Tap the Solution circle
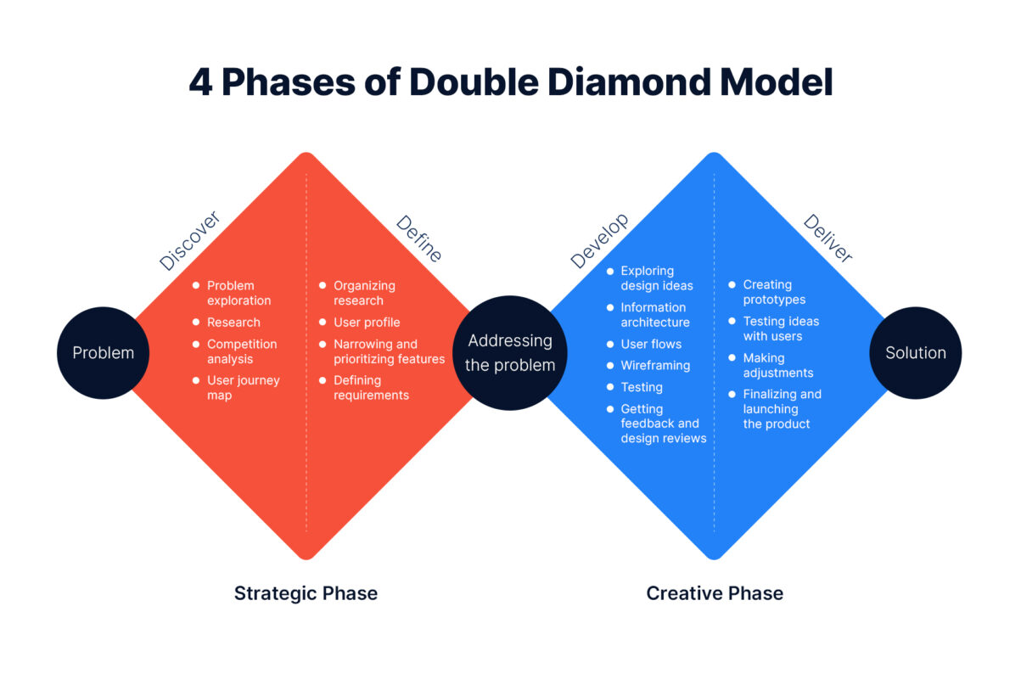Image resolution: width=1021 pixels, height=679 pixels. pyautogui.click(x=915, y=353)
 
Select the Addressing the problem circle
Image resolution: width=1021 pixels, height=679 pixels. pyautogui.click(x=510, y=353)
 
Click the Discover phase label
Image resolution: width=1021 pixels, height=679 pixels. pyautogui.click(x=190, y=241)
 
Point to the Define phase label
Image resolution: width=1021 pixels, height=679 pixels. pyautogui.click(x=419, y=238)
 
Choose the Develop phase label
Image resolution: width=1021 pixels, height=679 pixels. pyautogui.click(x=600, y=241)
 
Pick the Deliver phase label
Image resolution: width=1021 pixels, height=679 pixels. pyautogui.click(x=827, y=238)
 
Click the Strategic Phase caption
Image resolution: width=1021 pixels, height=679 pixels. pyautogui.click(x=306, y=593)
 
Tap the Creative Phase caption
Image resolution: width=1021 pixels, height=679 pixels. pyautogui.click(x=715, y=593)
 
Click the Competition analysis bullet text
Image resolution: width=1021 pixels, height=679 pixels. pyautogui.click(x=242, y=351)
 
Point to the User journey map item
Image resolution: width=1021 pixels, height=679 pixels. pyautogui.click(x=243, y=388)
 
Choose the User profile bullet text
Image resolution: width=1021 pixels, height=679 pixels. pyautogui.click(x=367, y=323)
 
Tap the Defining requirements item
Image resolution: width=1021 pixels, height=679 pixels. pyautogui.click(x=371, y=388)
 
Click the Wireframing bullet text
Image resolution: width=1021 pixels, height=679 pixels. pyautogui.click(x=655, y=366)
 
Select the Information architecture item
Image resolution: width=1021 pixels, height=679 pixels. pyautogui.click(x=655, y=315)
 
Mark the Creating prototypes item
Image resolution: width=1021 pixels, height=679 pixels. pyautogui.click(x=774, y=292)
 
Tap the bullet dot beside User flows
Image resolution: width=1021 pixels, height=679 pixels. pyautogui.click(x=609, y=345)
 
